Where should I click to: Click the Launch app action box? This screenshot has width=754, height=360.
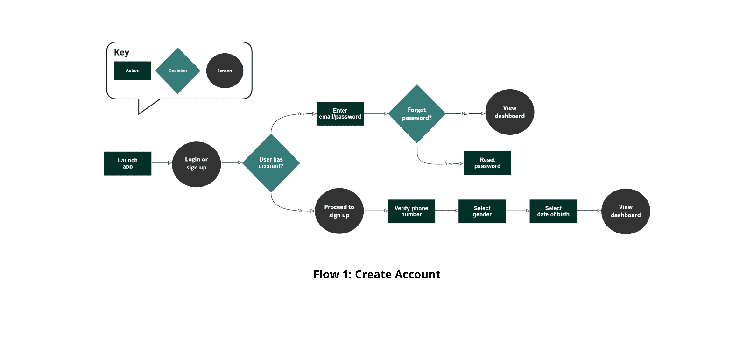(128, 163)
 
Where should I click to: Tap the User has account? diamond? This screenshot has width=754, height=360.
(271, 163)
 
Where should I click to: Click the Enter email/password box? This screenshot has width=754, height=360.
(340, 114)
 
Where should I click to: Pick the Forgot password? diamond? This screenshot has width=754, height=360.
(417, 114)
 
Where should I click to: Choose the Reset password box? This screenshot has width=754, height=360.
(487, 163)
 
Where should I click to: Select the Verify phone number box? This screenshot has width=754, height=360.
(411, 211)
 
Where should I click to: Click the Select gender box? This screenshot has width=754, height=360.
(482, 211)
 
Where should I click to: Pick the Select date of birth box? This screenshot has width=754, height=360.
(553, 211)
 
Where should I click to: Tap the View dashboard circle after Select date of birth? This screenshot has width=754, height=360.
(626, 211)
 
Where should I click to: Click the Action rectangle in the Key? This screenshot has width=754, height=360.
(133, 71)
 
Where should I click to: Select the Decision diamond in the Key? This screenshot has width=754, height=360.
(178, 71)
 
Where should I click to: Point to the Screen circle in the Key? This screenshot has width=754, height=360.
(224, 71)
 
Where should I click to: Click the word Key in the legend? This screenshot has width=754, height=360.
(122, 52)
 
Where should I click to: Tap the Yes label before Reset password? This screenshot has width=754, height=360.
(448, 164)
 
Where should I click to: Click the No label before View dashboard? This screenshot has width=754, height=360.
(465, 114)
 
